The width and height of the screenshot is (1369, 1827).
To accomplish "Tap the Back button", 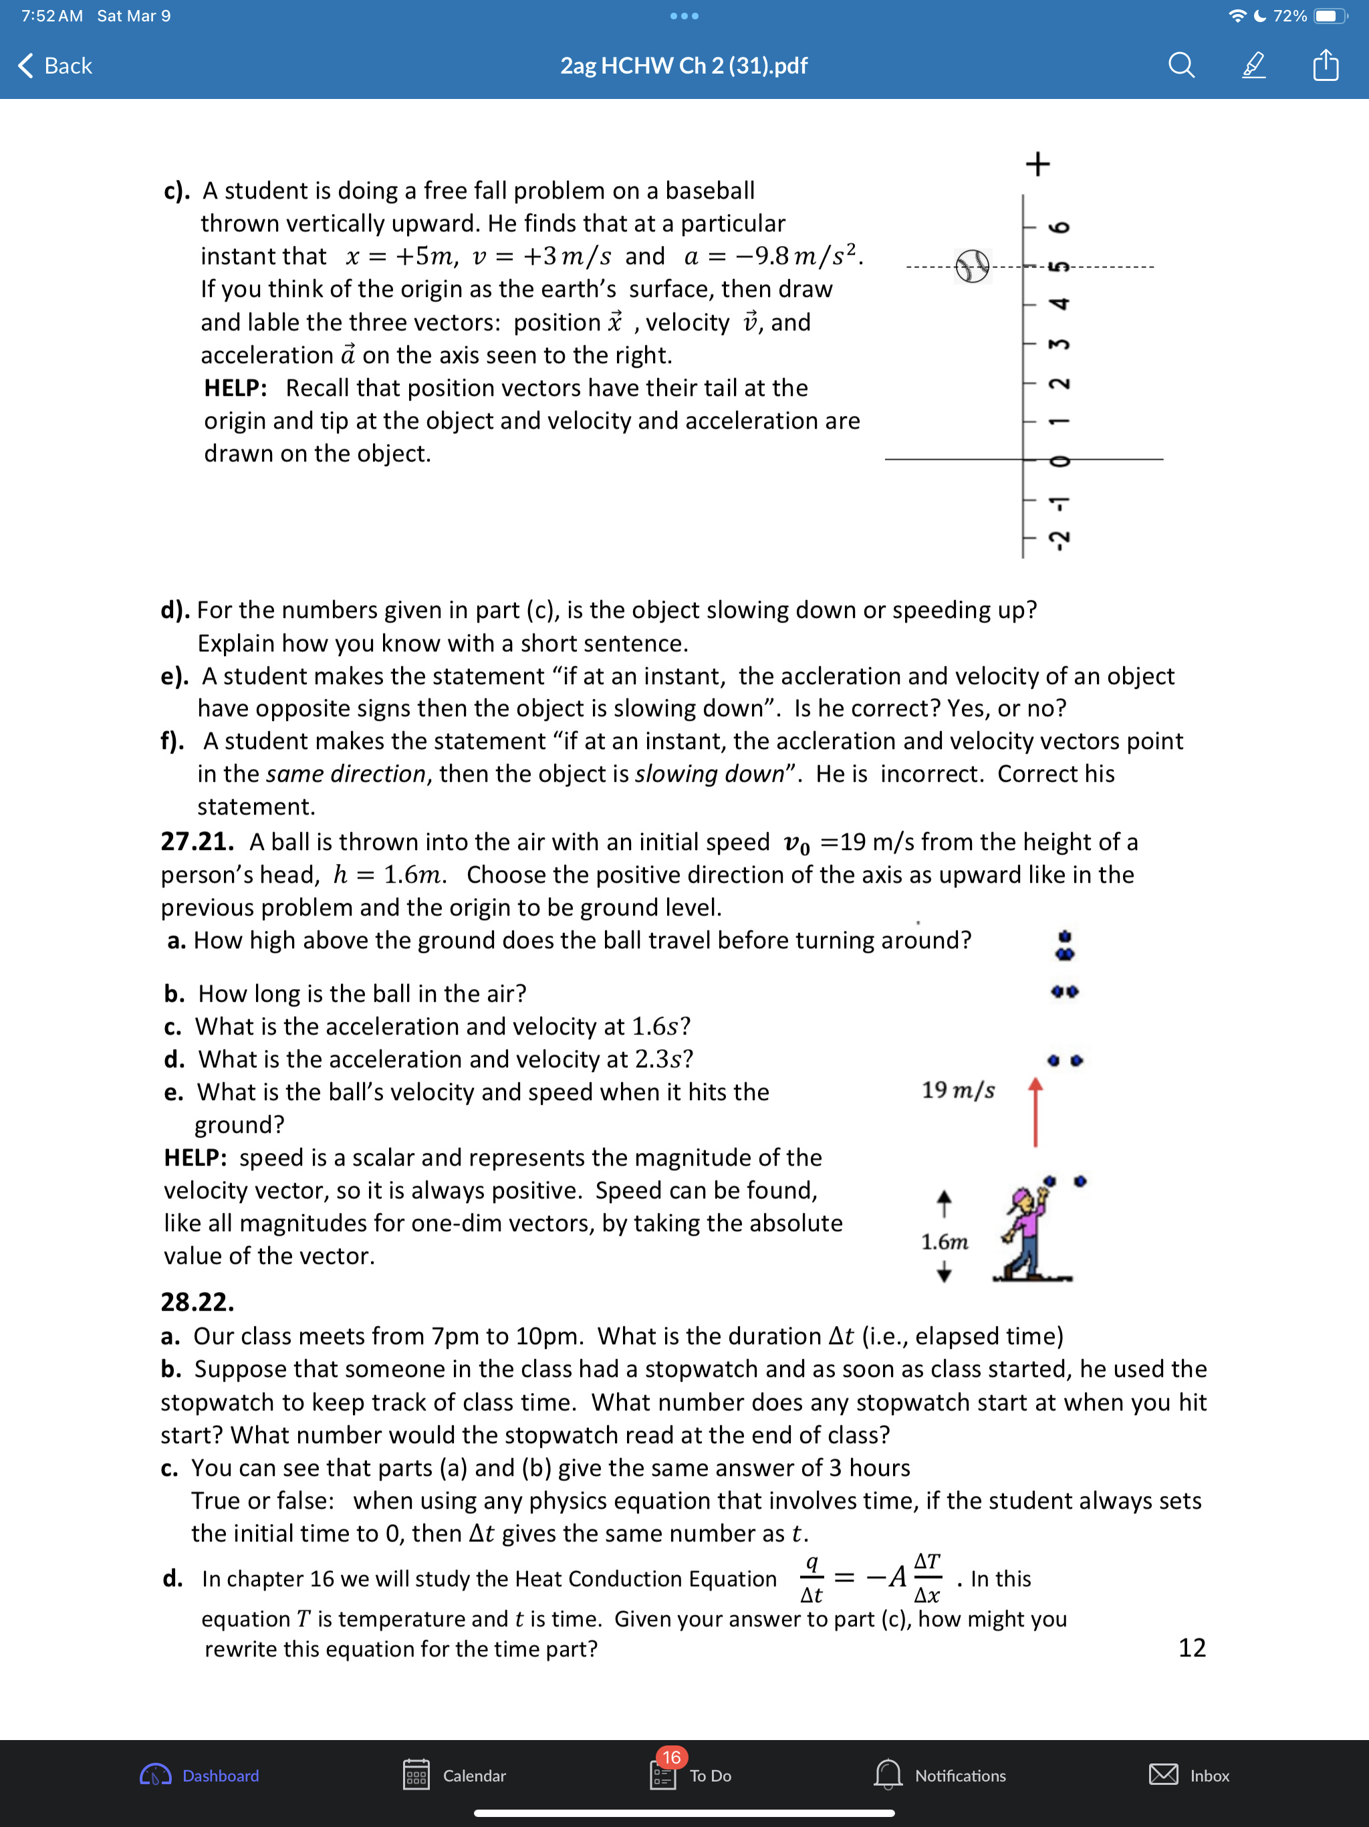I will click(55, 66).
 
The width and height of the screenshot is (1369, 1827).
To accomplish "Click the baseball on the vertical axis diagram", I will click(972, 266).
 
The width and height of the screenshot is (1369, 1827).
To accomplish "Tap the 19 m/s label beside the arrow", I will click(958, 1090).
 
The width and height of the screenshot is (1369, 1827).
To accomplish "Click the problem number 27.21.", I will click(197, 842).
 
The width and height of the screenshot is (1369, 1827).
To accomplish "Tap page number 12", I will click(1191, 1647).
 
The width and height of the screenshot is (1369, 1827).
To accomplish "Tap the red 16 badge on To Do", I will click(671, 1757).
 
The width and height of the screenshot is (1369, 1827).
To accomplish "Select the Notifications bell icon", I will click(888, 1774).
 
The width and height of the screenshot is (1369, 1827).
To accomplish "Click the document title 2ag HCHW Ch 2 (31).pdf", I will click(684, 66).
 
